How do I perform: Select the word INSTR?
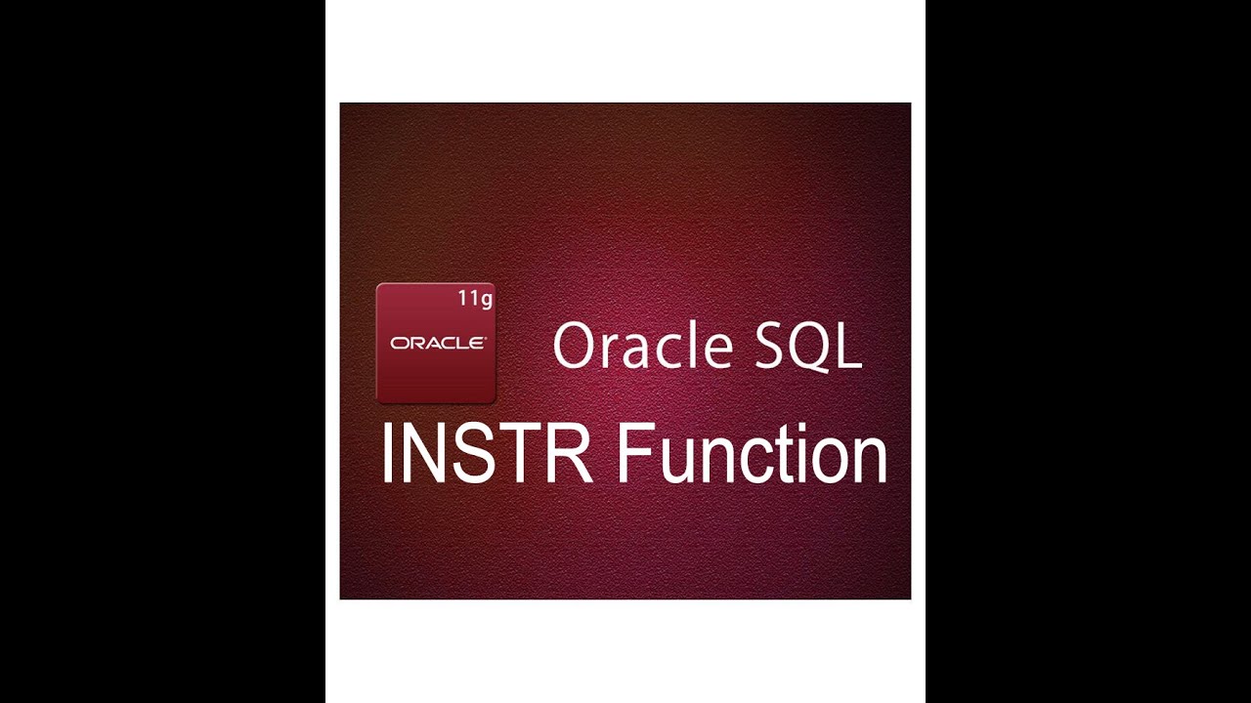tap(486, 454)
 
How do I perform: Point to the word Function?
tap(752, 454)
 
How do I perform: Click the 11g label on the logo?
tap(475, 299)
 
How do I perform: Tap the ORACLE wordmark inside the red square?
tap(437, 343)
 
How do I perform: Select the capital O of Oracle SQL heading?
tap(573, 347)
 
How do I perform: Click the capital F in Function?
tap(634, 454)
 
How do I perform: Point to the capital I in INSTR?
tap(386, 454)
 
